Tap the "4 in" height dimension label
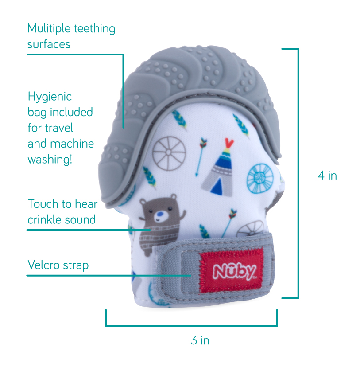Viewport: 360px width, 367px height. pyautogui.click(x=327, y=176)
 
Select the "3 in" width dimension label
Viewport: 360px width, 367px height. pyautogui.click(x=200, y=340)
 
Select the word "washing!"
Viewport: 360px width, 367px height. pyautogui.click(x=50, y=159)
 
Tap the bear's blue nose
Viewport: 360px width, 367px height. pyautogui.click(x=158, y=217)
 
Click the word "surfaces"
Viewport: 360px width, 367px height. pyautogui.click(x=49, y=44)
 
